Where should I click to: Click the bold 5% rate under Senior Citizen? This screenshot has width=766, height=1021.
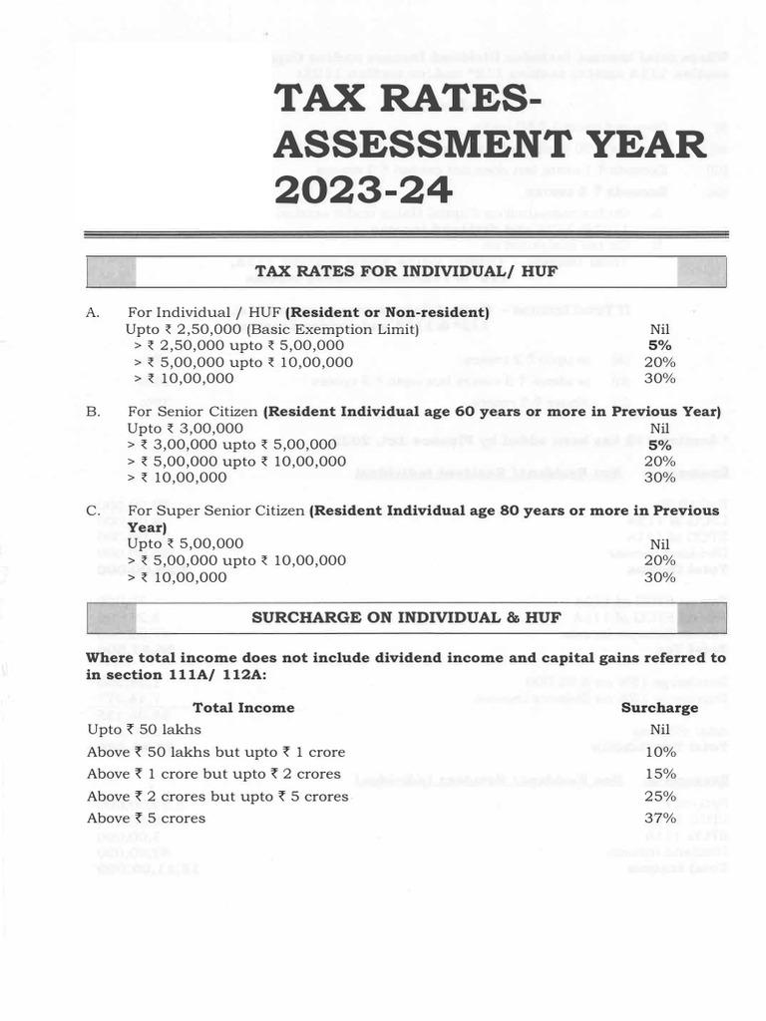(659, 445)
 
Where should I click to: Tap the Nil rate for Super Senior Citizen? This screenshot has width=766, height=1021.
(659, 544)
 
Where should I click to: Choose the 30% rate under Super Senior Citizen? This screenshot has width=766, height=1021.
(659, 576)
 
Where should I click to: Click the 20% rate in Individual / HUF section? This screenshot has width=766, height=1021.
(659, 362)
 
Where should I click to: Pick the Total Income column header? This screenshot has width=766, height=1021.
(243, 707)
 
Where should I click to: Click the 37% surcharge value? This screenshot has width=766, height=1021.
(659, 818)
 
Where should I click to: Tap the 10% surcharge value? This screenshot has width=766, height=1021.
(659, 752)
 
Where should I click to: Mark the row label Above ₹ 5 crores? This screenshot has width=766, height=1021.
(146, 818)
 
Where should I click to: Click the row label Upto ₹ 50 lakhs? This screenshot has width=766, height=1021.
(144, 730)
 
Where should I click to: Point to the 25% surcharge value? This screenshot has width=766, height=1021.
(659, 796)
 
